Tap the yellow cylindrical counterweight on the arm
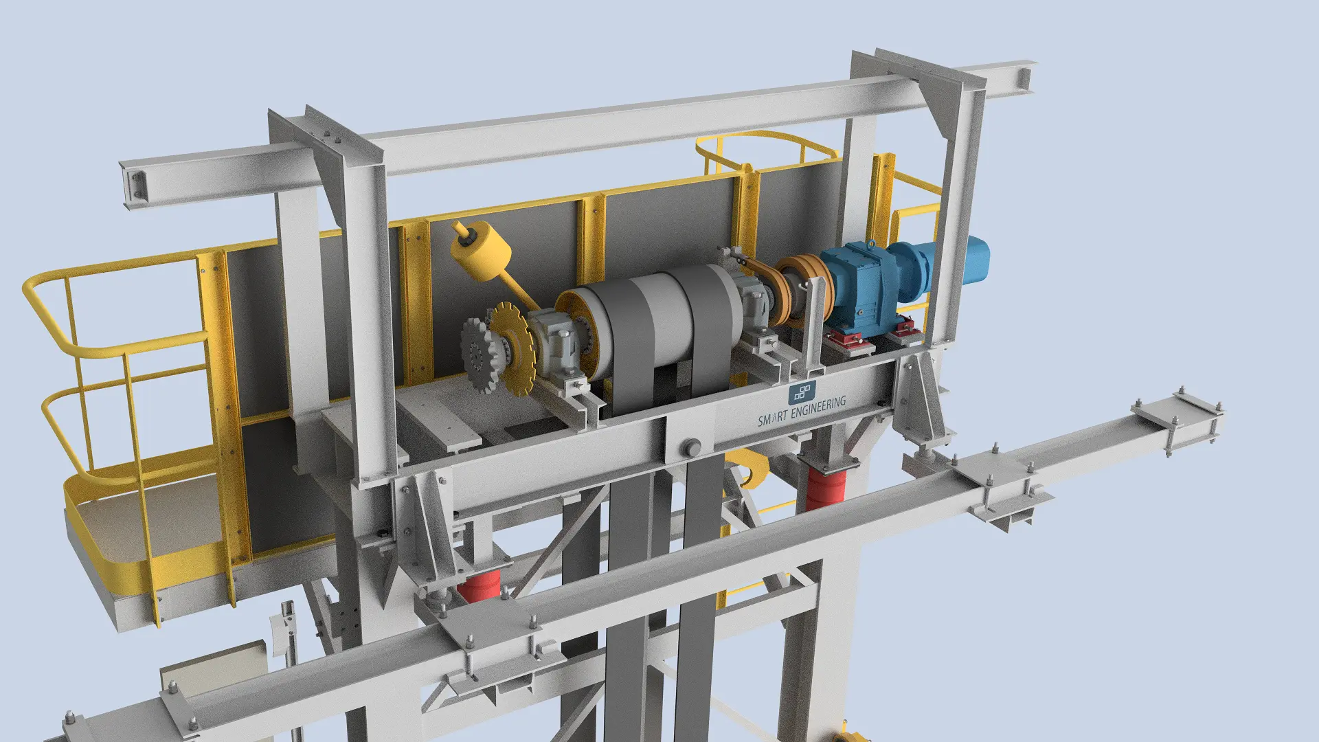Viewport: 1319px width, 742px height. point(481,251)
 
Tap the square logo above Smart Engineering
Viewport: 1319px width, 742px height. point(802,393)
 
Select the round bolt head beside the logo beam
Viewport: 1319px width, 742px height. point(690,447)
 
